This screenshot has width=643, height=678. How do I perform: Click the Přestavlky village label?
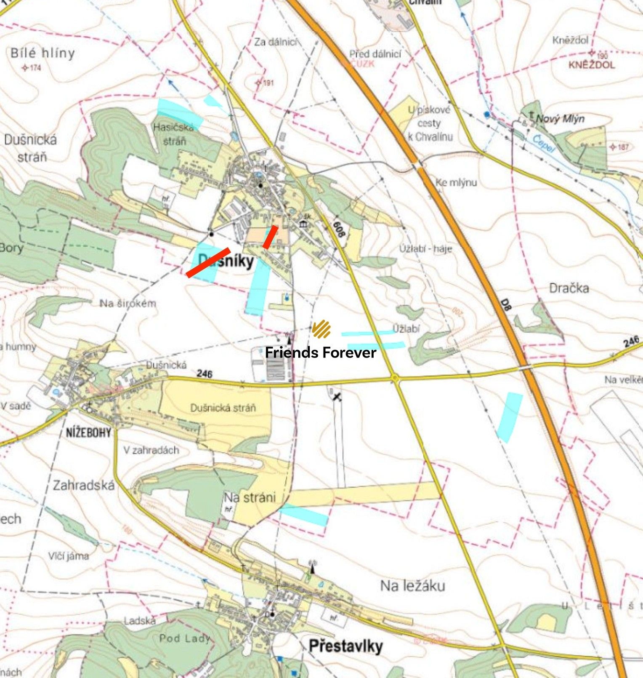(345, 646)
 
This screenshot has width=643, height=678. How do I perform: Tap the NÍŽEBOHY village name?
(88, 432)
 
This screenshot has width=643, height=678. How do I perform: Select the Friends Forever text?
(320, 352)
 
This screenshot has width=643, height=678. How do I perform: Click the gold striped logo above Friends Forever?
(321, 329)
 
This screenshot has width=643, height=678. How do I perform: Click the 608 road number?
(338, 229)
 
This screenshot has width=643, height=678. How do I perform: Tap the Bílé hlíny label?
(43, 53)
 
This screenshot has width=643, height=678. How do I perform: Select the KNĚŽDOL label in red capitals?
(591, 65)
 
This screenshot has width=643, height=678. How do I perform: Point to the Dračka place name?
(569, 288)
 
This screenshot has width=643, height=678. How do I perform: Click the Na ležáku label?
(412, 585)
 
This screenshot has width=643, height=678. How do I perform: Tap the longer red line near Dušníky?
(208, 262)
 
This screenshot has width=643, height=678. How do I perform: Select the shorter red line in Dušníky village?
(270, 237)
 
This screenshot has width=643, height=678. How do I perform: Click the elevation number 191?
(268, 83)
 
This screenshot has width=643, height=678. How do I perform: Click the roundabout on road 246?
(395, 379)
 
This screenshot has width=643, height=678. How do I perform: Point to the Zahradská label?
(83, 486)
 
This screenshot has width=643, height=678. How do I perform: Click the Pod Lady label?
(184, 638)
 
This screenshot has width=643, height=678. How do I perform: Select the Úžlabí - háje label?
(425, 249)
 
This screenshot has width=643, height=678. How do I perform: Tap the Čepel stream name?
(543, 143)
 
